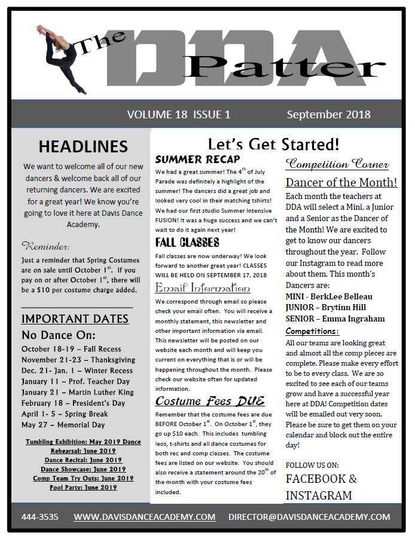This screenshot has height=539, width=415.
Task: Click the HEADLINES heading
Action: point(83,146)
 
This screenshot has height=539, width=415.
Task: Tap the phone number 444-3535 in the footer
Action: point(40,517)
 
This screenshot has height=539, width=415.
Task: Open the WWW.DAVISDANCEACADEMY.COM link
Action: point(144,517)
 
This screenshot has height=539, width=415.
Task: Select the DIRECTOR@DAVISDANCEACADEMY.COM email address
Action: point(309,517)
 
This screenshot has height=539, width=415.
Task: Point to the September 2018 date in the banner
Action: point(328,114)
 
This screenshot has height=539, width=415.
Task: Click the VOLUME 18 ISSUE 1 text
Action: point(179,114)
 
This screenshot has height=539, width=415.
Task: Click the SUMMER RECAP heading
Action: point(197,160)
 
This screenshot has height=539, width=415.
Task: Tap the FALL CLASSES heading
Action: point(187,242)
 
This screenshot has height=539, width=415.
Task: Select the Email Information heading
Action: point(194,287)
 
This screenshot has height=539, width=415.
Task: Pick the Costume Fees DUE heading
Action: point(209,401)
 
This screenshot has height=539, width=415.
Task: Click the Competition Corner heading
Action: point(337,164)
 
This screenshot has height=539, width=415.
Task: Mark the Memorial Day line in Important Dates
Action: point(63,424)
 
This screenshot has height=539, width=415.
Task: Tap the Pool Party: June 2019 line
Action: point(83,488)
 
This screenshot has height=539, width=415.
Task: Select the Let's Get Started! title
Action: point(273,144)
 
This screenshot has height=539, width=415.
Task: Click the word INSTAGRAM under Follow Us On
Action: point(319,495)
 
